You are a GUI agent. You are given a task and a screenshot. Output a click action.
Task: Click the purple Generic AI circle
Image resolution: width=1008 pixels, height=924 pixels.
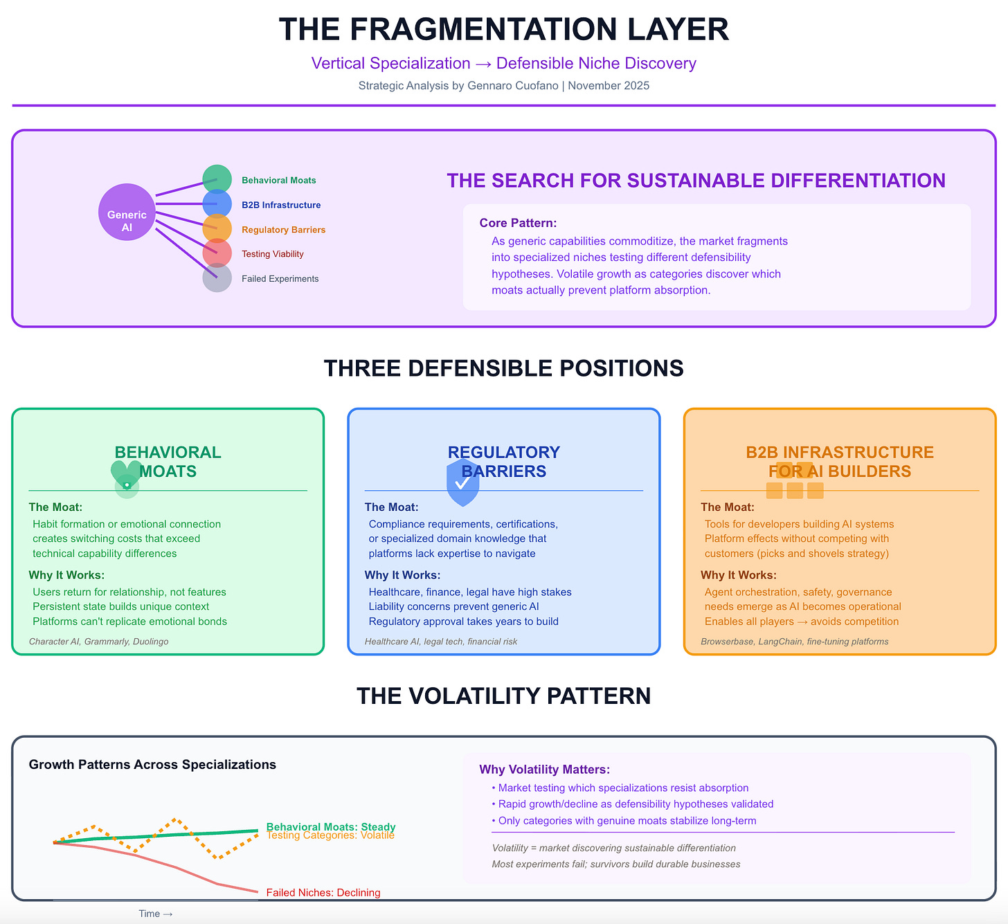click(x=127, y=212)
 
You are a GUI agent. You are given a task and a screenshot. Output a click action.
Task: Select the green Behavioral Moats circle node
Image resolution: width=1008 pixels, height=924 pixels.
click(x=217, y=179)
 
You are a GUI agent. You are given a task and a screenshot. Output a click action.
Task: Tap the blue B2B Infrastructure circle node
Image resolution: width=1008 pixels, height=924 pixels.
click(x=217, y=204)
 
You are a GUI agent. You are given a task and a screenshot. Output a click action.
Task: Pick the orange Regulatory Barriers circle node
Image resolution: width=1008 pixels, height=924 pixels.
click(x=217, y=229)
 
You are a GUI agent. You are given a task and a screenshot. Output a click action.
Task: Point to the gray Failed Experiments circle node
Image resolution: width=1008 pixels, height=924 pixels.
click(x=217, y=278)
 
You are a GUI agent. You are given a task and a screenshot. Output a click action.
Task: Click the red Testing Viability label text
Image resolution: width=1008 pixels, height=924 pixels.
click(x=272, y=254)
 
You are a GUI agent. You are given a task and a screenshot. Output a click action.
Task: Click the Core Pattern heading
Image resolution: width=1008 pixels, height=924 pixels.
click(x=518, y=223)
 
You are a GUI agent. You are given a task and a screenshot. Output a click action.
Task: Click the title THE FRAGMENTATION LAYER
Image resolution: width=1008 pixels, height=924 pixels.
click(x=503, y=30)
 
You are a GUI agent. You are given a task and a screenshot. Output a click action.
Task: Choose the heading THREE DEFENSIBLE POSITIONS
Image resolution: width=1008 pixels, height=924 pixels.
click(x=503, y=368)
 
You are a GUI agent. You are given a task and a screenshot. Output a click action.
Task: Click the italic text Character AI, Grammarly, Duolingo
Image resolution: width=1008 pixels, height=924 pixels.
click(x=98, y=642)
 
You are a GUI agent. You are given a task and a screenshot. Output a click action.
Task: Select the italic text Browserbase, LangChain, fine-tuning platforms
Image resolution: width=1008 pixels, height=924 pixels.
click(x=794, y=642)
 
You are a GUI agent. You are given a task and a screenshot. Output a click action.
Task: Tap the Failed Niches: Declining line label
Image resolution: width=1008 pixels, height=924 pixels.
click(x=323, y=892)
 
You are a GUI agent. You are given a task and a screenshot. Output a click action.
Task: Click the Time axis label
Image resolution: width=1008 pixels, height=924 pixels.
click(x=155, y=914)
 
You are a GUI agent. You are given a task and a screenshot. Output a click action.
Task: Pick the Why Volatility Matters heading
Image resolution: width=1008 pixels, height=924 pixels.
click(x=544, y=770)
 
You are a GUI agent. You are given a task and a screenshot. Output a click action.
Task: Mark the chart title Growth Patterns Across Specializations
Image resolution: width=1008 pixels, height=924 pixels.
click(x=152, y=765)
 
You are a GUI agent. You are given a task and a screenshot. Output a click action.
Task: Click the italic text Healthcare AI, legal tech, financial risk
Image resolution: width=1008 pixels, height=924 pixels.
click(x=441, y=642)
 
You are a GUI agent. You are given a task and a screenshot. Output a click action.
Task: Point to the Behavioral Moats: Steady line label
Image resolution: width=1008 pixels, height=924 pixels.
click(x=331, y=826)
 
